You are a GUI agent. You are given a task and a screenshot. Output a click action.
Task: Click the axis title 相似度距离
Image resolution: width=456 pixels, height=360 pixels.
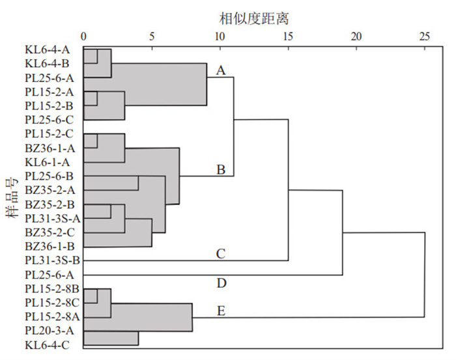253,19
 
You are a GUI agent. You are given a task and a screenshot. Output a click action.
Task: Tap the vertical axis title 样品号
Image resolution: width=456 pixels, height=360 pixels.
12,198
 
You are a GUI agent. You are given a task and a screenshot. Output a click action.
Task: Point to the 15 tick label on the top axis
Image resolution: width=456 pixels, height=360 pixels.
288,36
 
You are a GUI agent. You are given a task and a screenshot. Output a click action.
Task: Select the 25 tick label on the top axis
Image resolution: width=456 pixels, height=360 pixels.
424,36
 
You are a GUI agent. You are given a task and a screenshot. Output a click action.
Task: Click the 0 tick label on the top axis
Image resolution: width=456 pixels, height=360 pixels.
84,36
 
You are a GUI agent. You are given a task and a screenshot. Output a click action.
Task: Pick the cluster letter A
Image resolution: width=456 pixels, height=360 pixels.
221,70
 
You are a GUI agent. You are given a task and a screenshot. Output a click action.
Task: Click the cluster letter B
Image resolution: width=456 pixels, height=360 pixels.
221,169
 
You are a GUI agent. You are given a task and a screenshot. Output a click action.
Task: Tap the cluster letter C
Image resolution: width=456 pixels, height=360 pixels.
221,254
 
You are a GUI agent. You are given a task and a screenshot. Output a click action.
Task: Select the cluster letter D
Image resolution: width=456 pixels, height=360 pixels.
221,283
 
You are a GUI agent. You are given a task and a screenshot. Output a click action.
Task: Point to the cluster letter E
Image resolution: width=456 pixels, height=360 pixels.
221,311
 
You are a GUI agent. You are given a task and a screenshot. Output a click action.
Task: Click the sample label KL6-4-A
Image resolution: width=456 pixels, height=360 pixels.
48,49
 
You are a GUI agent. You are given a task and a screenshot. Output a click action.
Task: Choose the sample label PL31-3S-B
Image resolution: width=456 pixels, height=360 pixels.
52,260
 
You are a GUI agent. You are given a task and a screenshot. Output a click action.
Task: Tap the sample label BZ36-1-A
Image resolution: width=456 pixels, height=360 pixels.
50,148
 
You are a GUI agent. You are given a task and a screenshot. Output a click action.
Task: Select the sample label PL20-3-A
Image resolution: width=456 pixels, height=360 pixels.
50,331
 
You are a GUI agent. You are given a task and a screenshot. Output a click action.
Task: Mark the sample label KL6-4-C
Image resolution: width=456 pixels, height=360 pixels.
47,345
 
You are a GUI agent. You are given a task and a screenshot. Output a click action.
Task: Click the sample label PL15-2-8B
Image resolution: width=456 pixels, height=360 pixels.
52,289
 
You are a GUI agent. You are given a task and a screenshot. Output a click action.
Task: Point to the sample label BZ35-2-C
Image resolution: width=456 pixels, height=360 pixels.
50,232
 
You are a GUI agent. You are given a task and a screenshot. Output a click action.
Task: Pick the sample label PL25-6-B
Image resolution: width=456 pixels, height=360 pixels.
49,176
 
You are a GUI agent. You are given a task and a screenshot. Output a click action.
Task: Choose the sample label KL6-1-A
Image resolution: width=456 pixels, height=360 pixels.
48,162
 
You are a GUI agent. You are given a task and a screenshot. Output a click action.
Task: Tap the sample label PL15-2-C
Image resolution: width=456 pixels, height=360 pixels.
49,134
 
